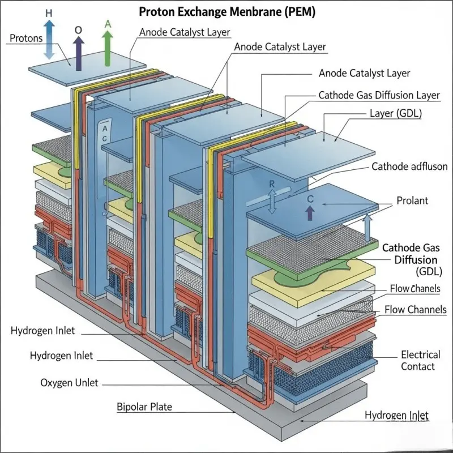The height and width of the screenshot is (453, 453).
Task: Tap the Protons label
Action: click(x=27, y=39)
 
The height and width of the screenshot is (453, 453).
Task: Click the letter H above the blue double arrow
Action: click(x=49, y=12)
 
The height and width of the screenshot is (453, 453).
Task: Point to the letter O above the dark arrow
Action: click(x=78, y=29)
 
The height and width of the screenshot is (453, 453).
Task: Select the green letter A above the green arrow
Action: click(x=108, y=24)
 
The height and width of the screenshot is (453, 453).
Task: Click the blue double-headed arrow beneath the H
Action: click(x=49, y=39)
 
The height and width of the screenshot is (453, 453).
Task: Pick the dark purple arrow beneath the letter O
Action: click(x=78, y=53)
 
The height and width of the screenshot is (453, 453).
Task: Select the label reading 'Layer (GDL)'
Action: click(x=395, y=114)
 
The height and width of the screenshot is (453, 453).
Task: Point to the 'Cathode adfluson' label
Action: click(x=407, y=166)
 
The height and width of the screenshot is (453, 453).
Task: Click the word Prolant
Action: click(x=412, y=201)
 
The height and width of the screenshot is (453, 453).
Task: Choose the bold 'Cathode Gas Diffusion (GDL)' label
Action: click(x=410, y=259)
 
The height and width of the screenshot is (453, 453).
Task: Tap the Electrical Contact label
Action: click(x=420, y=361)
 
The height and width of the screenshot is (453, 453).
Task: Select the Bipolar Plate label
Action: click(x=144, y=407)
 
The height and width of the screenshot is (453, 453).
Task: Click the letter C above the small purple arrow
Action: click(x=310, y=199)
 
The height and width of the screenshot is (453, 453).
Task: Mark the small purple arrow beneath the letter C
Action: click(x=309, y=213)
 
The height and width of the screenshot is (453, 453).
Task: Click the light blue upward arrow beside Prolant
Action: click(x=367, y=228)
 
